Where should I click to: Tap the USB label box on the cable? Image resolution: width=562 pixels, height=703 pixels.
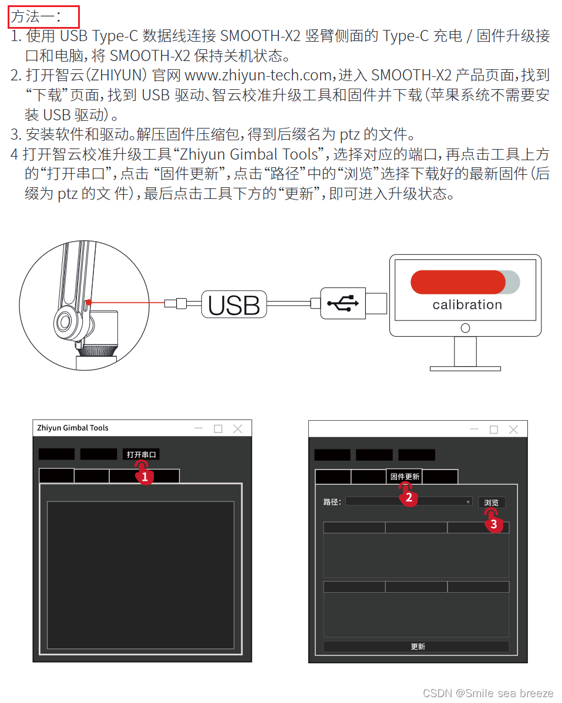click(x=234, y=305)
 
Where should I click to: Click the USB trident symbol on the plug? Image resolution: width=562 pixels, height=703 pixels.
click(x=344, y=303)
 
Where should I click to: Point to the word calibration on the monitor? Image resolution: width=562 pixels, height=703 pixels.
click(x=467, y=305)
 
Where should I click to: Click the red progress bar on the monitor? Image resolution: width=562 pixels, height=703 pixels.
click(x=457, y=282)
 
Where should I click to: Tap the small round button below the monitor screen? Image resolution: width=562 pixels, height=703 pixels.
click(x=465, y=327)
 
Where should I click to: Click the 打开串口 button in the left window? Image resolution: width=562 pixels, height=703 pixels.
click(x=141, y=454)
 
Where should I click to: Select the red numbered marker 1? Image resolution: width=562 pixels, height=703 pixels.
click(x=145, y=477)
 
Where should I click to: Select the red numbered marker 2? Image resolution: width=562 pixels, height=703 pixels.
click(x=409, y=498)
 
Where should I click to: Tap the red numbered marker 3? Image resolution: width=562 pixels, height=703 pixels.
click(x=493, y=524)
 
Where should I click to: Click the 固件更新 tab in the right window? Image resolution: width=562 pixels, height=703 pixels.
click(x=405, y=476)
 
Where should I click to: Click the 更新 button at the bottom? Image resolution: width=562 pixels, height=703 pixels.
click(x=417, y=646)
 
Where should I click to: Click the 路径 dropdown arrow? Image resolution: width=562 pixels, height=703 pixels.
click(x=468, y=502)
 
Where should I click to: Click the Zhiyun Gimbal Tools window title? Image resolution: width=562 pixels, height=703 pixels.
click(x=73, y=428)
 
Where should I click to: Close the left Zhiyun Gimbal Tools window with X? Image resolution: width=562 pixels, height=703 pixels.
click(x=237, y=429)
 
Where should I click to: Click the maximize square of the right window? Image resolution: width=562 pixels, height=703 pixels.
click(x=494, y=430)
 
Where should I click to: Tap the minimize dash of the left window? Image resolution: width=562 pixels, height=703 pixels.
click(x=198, y=429)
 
